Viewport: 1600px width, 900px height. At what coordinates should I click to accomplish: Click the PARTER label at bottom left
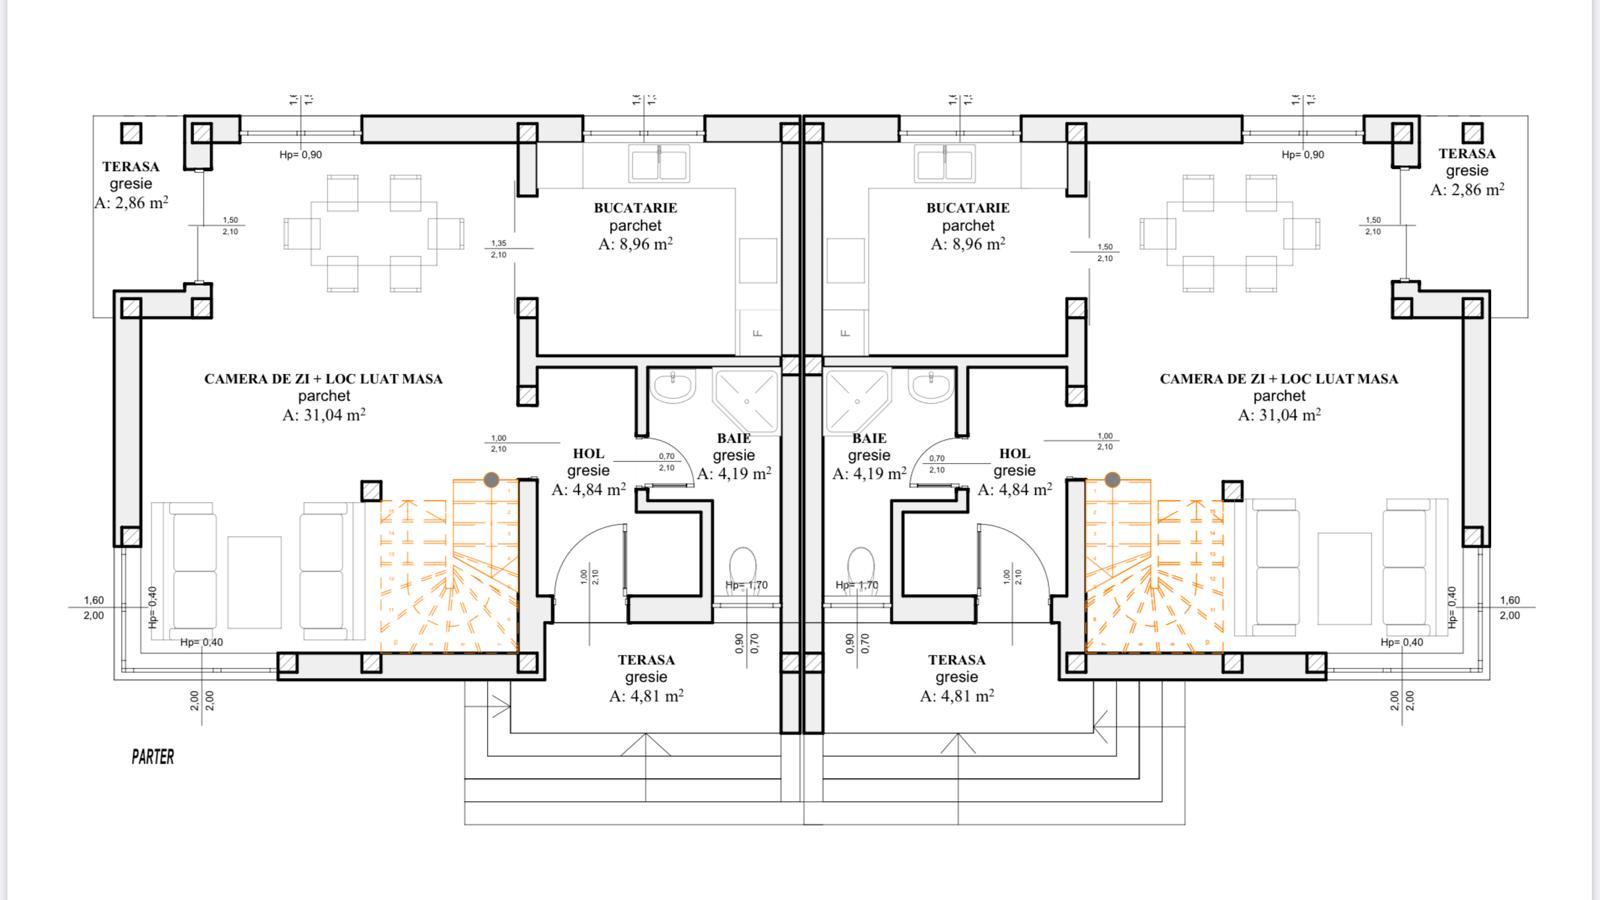click(x=152, y=757)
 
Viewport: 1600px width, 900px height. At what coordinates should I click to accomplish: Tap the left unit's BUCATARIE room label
click(x=635, y=208)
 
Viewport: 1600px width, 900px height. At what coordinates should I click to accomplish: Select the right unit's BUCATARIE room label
click(x=967, y=208)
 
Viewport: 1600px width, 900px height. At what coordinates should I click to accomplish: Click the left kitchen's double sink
click(x=659, y=162)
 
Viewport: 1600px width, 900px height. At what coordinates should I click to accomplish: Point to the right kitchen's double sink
click(x=945, y=162)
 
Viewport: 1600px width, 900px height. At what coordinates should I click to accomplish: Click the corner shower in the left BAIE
click(x=746, y=400)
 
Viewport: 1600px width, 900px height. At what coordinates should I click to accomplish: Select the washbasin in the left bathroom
click(x=674, y=387)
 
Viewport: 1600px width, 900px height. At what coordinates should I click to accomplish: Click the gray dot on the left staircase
click(x=491, y=480)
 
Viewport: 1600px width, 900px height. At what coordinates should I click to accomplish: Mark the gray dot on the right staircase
click(x=1112, y=480)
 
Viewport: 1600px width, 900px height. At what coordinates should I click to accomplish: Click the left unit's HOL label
click(x=588, y=454)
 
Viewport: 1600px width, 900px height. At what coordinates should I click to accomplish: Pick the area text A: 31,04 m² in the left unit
click(x=323, y=414)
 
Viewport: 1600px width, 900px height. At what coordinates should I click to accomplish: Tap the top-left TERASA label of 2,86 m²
click(x=130, y=167)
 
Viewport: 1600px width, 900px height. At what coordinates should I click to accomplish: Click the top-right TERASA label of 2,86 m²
click(x=1467, y=154)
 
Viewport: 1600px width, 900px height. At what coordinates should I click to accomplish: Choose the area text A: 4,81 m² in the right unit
click(x=957, y=695)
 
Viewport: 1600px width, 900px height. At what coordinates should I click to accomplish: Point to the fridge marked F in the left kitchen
click(x=758, y=332)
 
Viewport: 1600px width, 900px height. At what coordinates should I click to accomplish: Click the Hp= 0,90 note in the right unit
click(x=1302, y=154)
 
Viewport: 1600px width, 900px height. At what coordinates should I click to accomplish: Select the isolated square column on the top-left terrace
click(x=131, y=133)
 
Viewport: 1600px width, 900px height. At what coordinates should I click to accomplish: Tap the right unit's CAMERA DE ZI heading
click(x=1278, y=379)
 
